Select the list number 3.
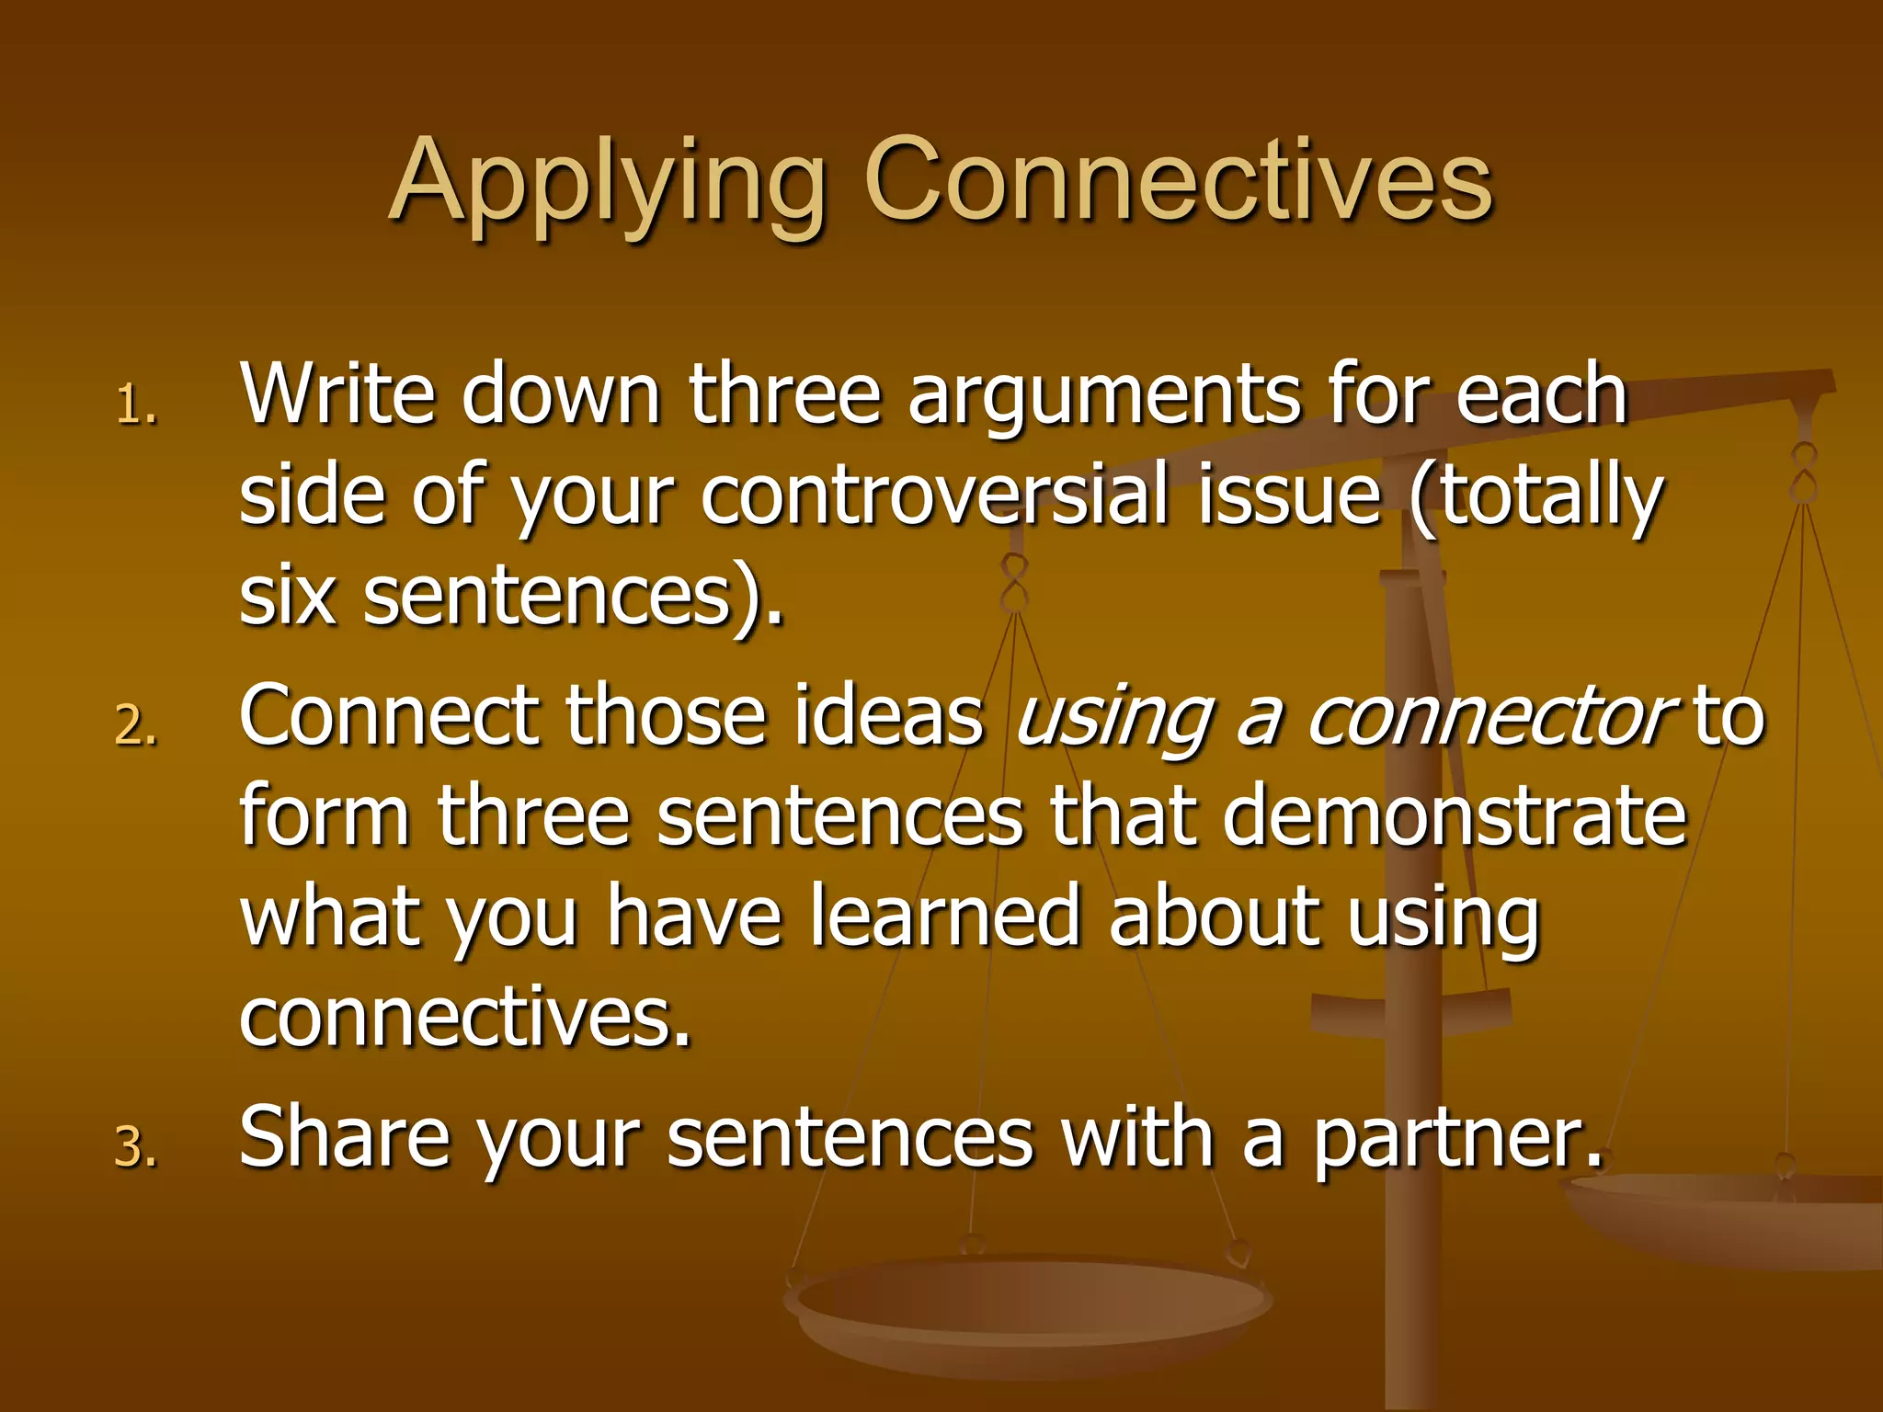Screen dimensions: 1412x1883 (136, 1148)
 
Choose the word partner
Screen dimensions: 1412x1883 (1456, 1140)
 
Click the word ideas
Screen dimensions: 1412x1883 (887, 716)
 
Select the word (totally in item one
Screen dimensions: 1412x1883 (1535, 496)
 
